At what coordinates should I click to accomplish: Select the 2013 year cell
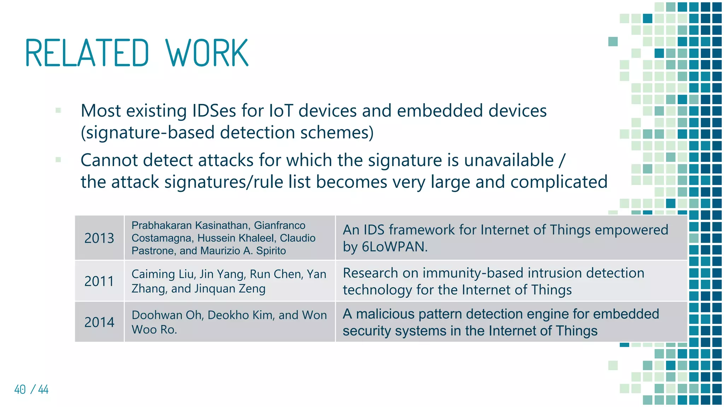pos(99,238)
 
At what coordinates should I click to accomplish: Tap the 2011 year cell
pos(99,281)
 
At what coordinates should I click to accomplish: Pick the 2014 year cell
pos(99,322)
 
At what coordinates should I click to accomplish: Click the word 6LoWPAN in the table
pos(394,247)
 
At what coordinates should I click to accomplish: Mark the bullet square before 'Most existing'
pos(58,110)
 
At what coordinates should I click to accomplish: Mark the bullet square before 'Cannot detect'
pos(58,160)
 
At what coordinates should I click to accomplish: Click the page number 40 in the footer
pos(20,390)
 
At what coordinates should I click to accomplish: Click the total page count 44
pos(43,390)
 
